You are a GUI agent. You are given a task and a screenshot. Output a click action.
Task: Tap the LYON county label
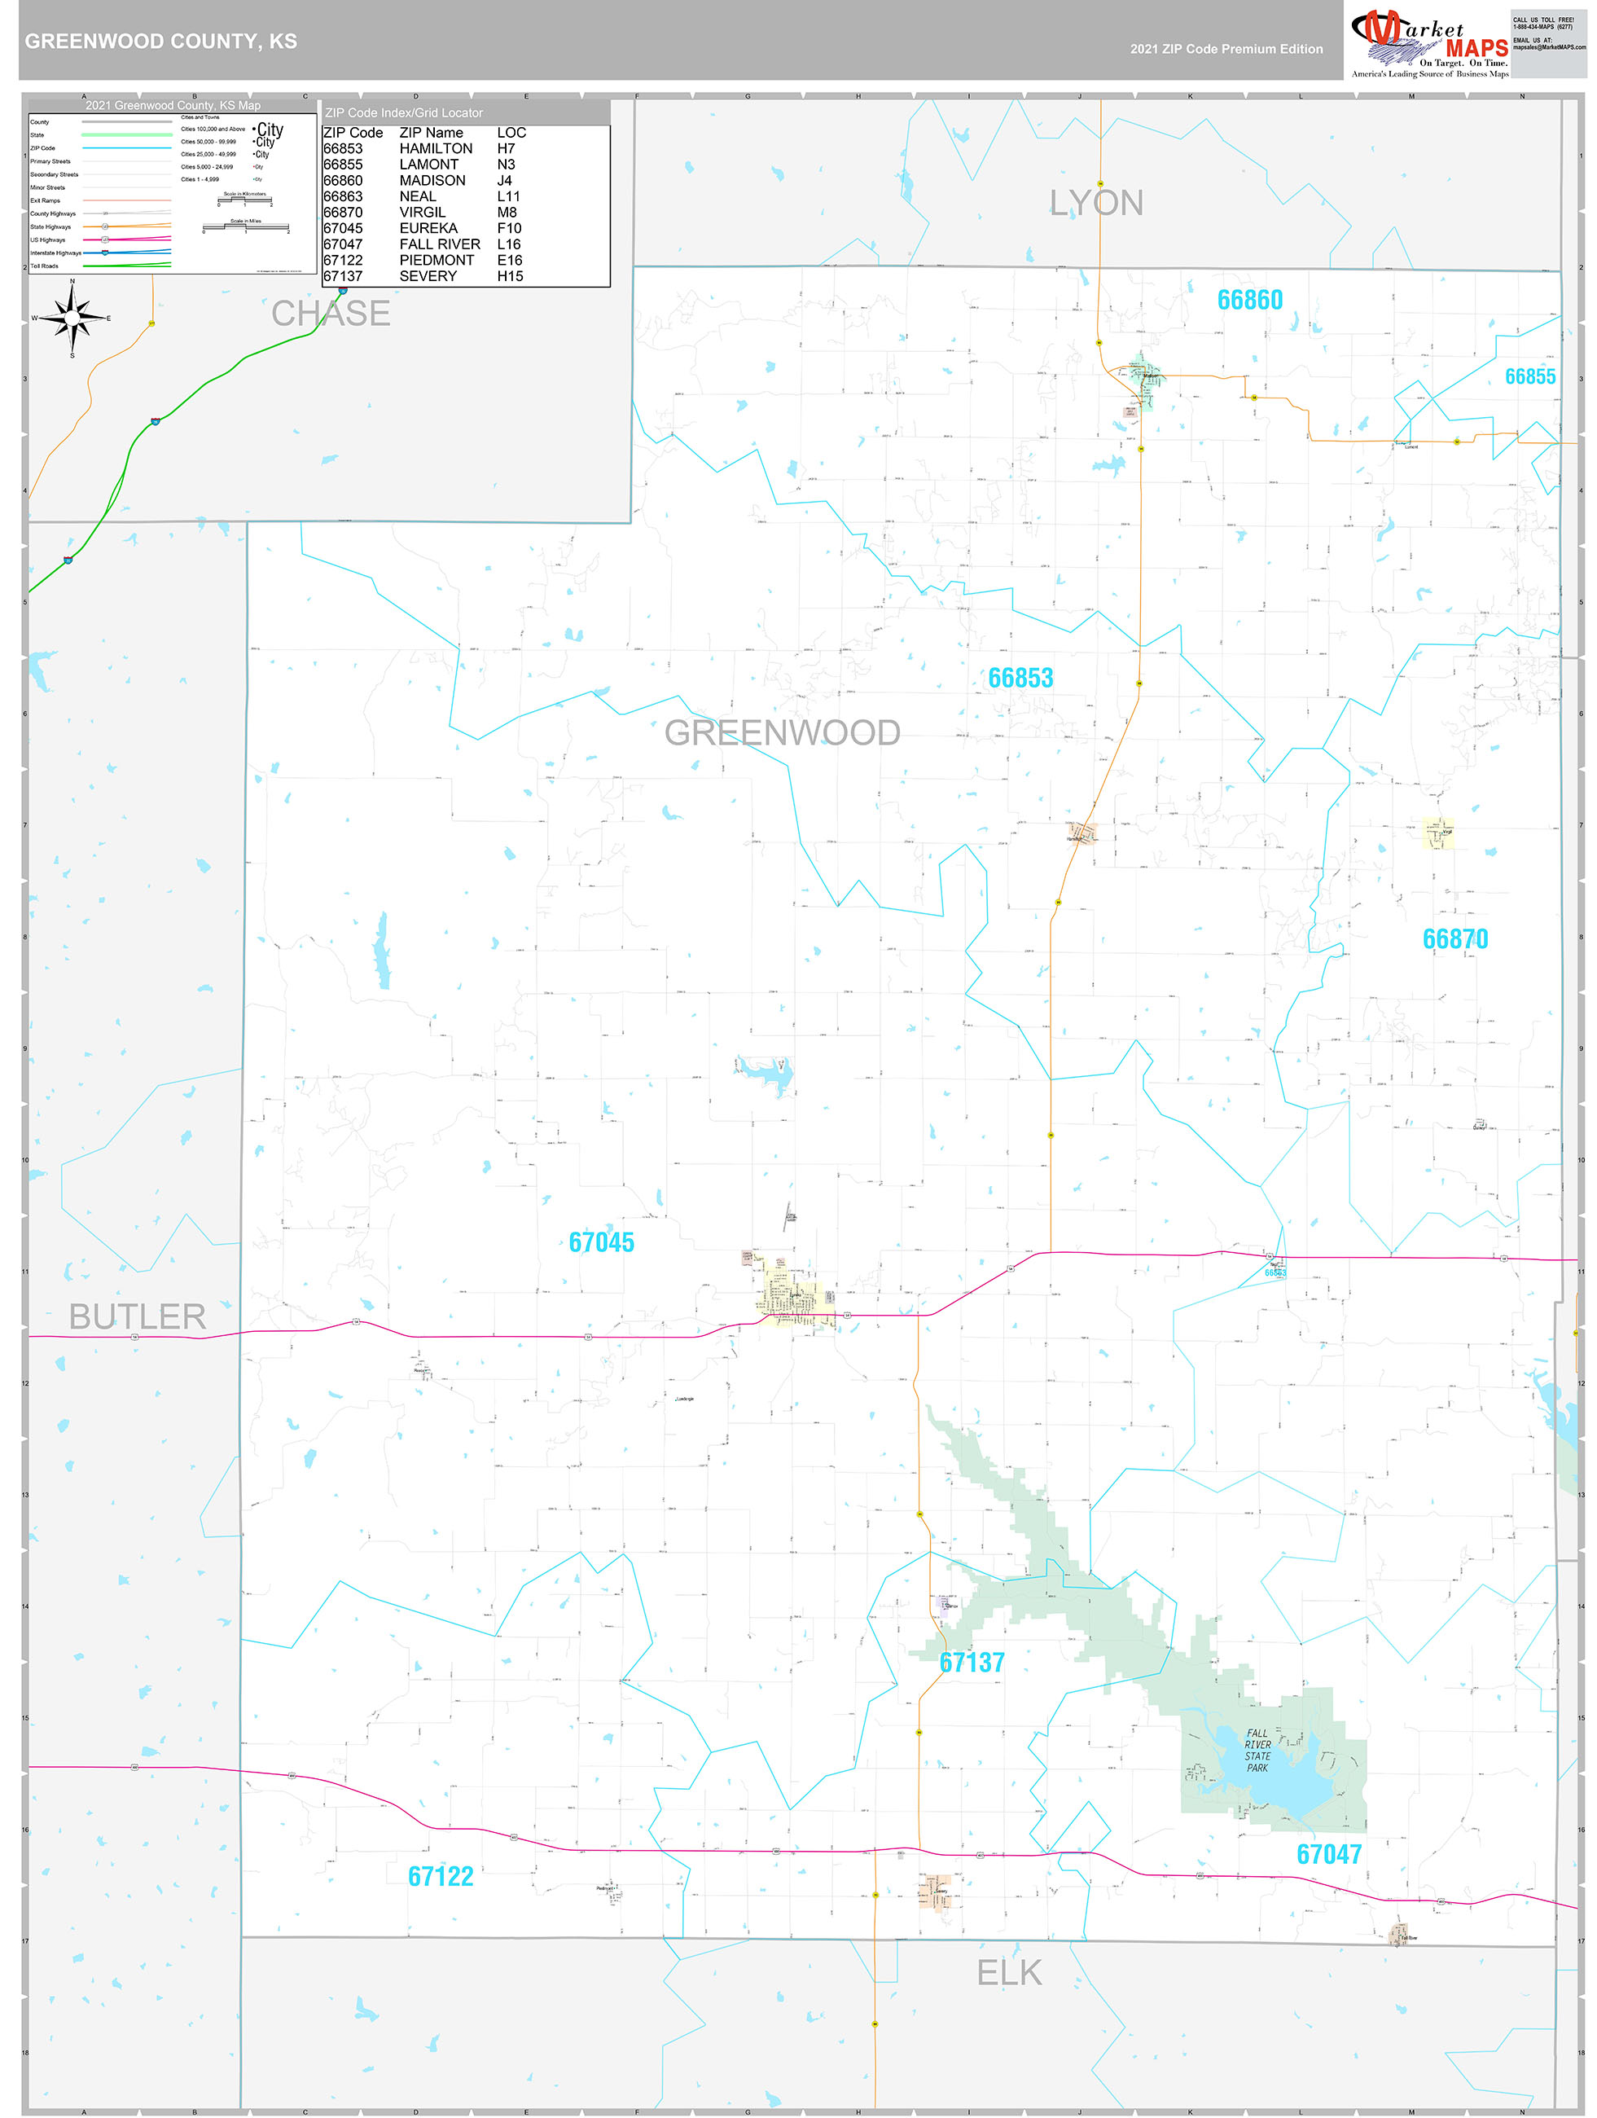1095,203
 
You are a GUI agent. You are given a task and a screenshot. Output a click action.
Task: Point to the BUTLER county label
138,1316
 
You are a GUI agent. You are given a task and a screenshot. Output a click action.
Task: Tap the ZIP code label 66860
1248,301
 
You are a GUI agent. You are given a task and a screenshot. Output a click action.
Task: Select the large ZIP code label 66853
1020,678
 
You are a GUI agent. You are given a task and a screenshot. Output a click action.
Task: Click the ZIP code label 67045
601,1242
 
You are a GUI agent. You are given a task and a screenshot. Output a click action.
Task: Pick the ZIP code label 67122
441,1876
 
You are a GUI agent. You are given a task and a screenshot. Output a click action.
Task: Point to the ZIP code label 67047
1328,1854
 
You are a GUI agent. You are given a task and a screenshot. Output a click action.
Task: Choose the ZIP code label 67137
972,1663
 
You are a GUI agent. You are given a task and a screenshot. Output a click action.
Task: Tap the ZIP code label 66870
1454,939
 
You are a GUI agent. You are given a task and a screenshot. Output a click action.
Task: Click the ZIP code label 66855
1529,377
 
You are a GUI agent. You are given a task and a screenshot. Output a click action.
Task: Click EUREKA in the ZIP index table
428,228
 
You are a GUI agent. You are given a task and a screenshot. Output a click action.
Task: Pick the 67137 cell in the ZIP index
343,276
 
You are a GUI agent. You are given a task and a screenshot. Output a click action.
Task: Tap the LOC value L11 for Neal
507,196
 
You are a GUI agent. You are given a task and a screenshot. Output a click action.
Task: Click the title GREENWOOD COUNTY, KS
161,42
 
